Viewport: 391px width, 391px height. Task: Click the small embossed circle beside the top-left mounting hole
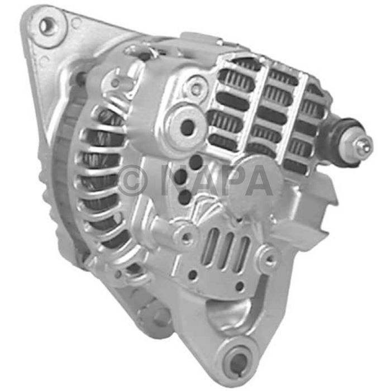tap(75, 23)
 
